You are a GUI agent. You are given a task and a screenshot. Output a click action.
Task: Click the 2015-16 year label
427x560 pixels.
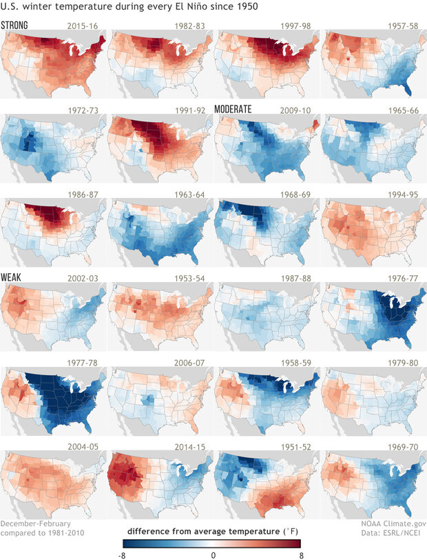pos(81,26)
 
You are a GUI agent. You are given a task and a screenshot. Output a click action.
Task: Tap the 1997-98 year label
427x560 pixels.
pos(295,26)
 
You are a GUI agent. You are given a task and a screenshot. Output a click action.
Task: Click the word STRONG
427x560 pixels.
pos(14,26)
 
